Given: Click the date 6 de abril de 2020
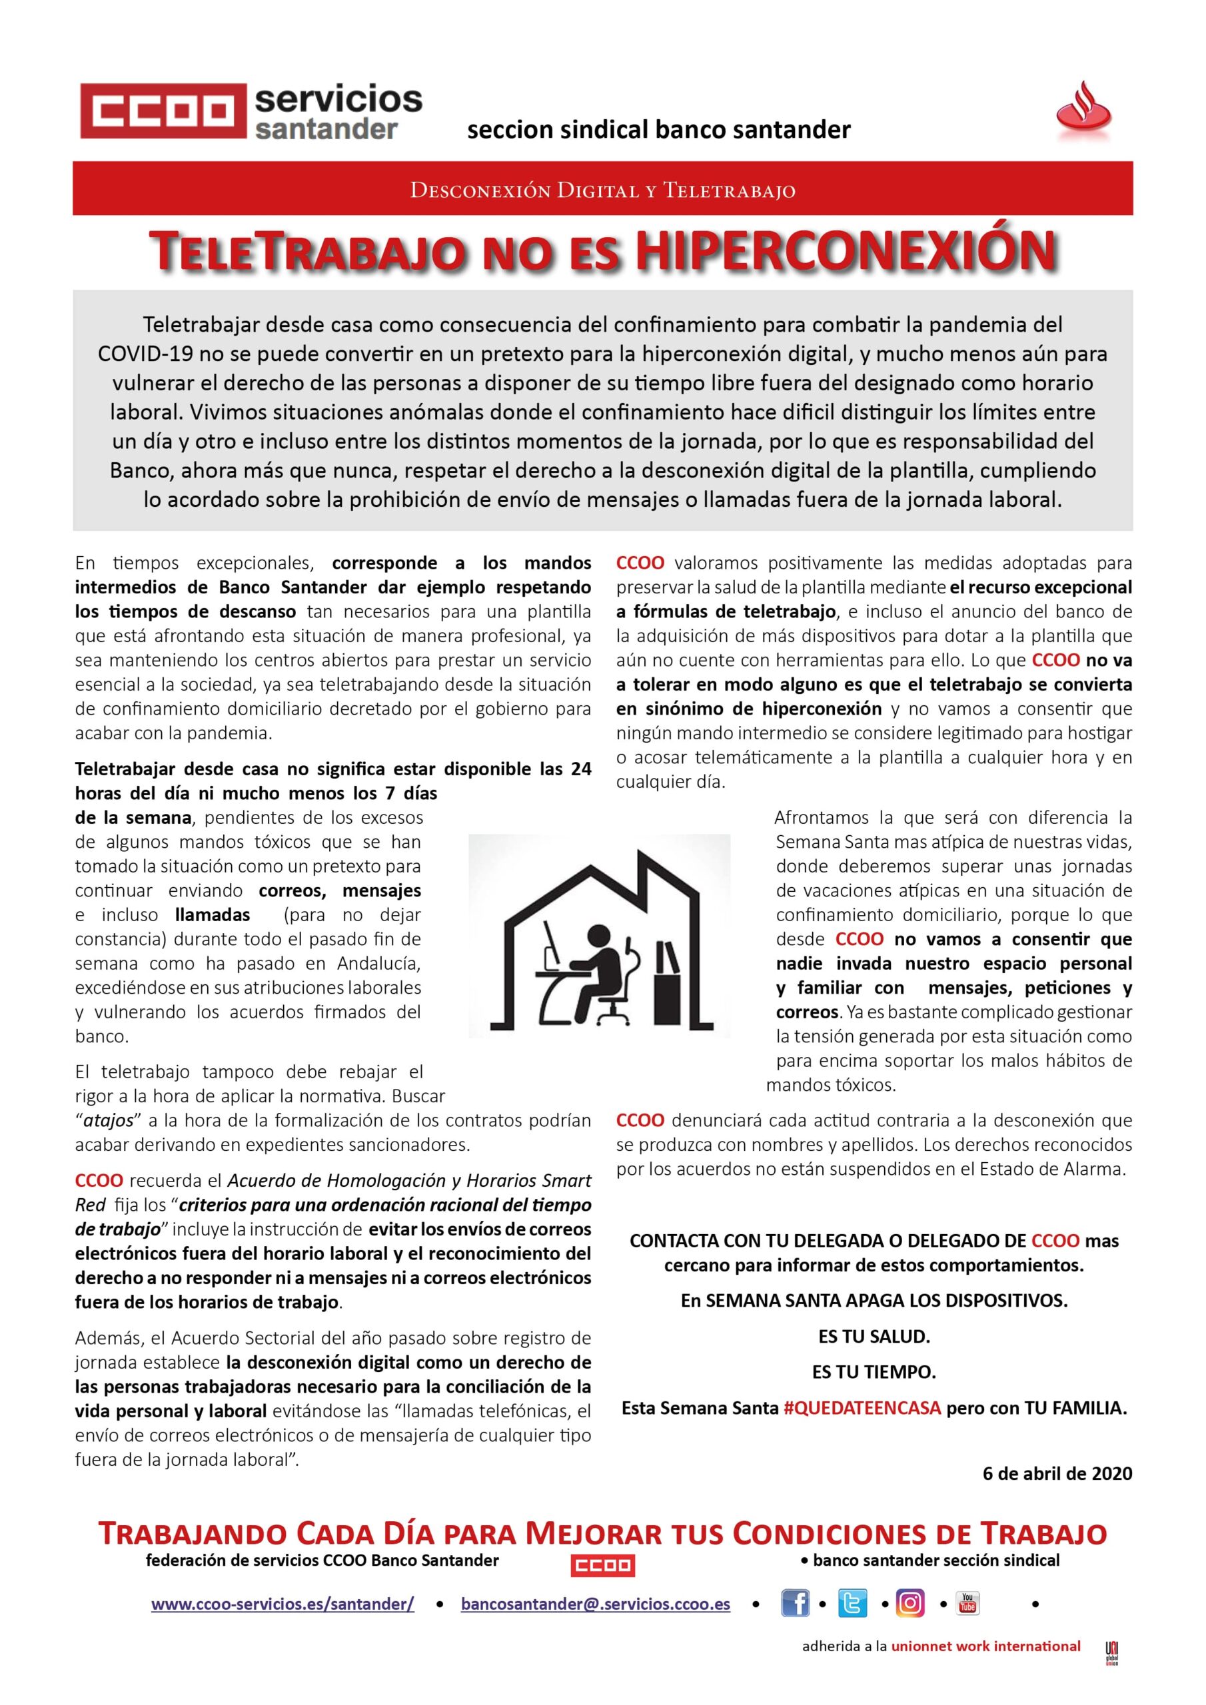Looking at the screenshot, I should click(x=1057, y=1473).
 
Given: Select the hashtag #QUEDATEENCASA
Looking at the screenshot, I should click(x=862, y=1407).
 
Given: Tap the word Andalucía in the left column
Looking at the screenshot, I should click(x=379, y=963).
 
